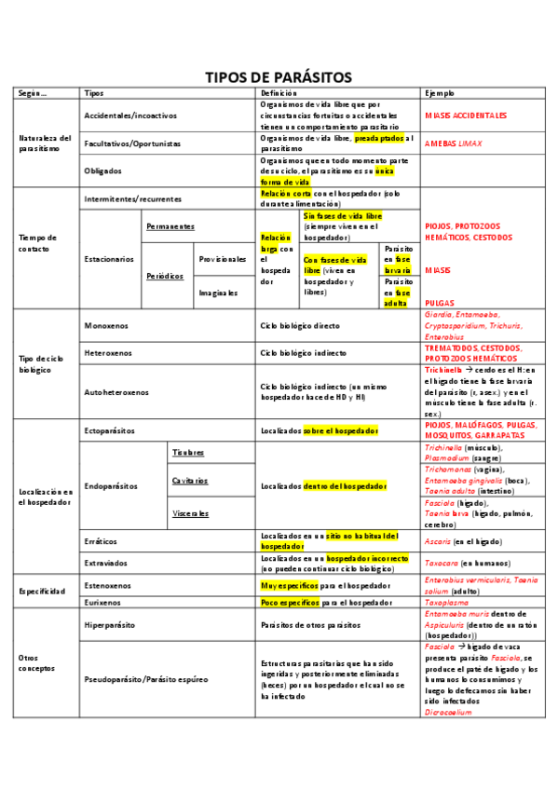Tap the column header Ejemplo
440,93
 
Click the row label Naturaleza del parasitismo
45,143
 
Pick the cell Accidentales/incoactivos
130,115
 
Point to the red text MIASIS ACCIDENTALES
465,115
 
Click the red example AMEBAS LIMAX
455,143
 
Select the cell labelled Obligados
102,171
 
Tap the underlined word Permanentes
170,226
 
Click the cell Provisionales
223,258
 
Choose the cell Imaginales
218,292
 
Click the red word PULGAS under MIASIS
440,303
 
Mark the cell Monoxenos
106,326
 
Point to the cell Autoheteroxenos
116,392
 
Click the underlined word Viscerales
190,512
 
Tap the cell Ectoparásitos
110,430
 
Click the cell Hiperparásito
109,625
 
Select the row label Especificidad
42,592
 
